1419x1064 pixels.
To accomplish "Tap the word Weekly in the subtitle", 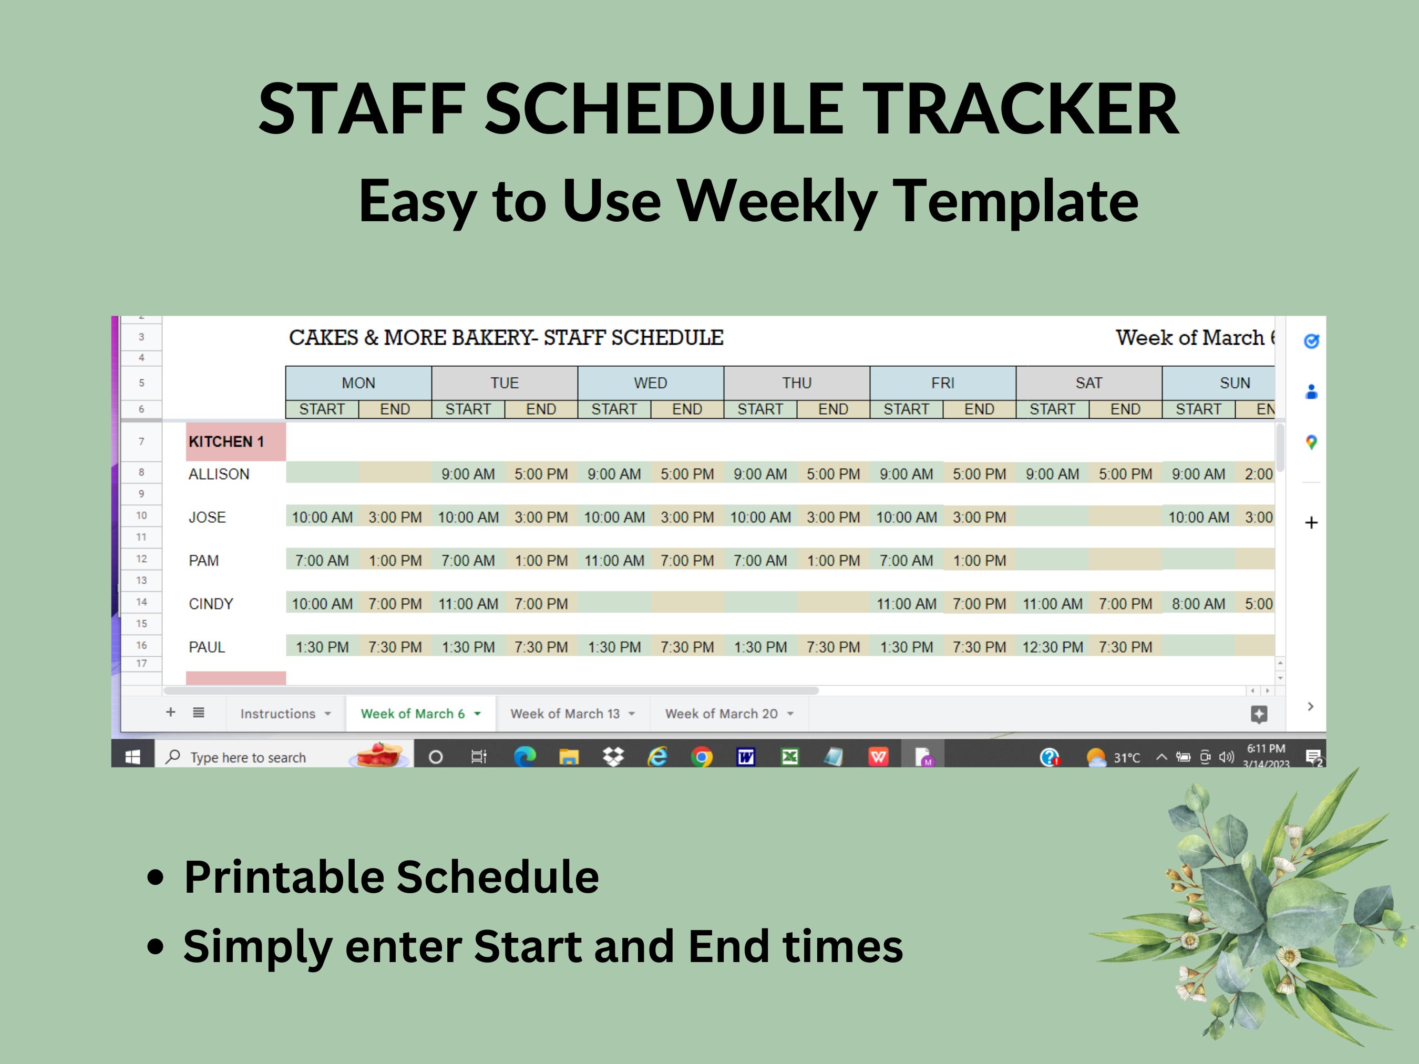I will click(777, 201).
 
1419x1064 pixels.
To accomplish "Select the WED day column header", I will click(651, 383).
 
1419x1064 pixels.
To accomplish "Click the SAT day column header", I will click(1088, 383).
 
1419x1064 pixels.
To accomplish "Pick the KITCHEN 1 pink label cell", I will click(235, 441).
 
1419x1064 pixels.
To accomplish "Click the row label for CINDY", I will click(211, 604).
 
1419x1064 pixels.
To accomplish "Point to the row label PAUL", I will click(207, 647).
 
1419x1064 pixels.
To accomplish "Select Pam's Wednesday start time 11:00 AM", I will click(614, 561).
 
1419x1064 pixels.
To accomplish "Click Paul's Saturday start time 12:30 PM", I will click(1052, 647).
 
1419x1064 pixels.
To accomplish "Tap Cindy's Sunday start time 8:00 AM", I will click(1198, 604).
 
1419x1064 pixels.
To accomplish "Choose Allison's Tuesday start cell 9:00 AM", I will click(468, 474).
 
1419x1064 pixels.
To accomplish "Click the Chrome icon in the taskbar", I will click(701, 757).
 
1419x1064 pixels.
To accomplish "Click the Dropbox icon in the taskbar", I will click(613, 757).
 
